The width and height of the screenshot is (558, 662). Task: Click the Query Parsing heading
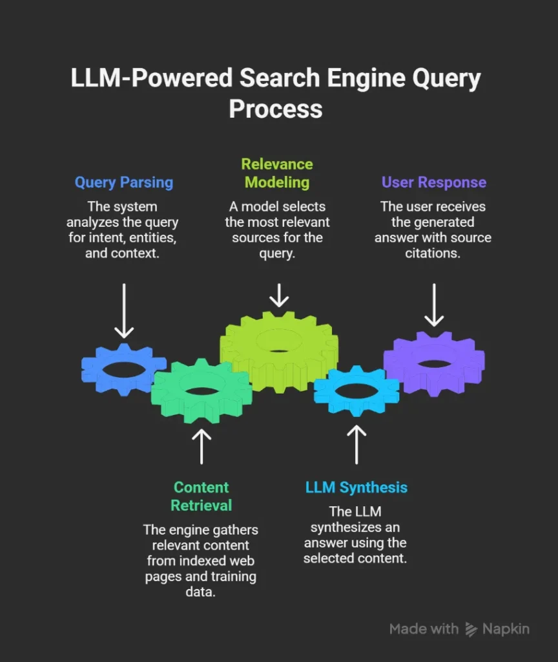tap(124, 182)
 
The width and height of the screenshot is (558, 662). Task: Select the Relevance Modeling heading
tap(277, 173)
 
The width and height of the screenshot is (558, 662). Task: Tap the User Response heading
tap(433, 182)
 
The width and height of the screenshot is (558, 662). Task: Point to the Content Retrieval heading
tap(201, 496)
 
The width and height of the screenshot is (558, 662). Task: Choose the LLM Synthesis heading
tap(356, 487)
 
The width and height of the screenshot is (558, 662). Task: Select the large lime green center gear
tap(279, 352)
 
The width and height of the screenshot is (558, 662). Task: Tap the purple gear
tap(434, 362)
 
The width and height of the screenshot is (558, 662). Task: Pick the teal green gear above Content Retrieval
tap(201, 391)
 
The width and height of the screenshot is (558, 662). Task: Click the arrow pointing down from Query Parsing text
tap(124, 310)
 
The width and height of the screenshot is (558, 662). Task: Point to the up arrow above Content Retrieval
tap(201, 445)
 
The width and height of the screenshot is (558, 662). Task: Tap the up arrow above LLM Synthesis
tap(356, 444)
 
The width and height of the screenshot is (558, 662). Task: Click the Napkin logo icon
tap(472, 629)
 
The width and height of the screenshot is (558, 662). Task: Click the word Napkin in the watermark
tap(506, 629)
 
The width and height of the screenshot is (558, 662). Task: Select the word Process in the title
tap(276, 108)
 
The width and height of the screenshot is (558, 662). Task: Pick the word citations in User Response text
tap(433, 253)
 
